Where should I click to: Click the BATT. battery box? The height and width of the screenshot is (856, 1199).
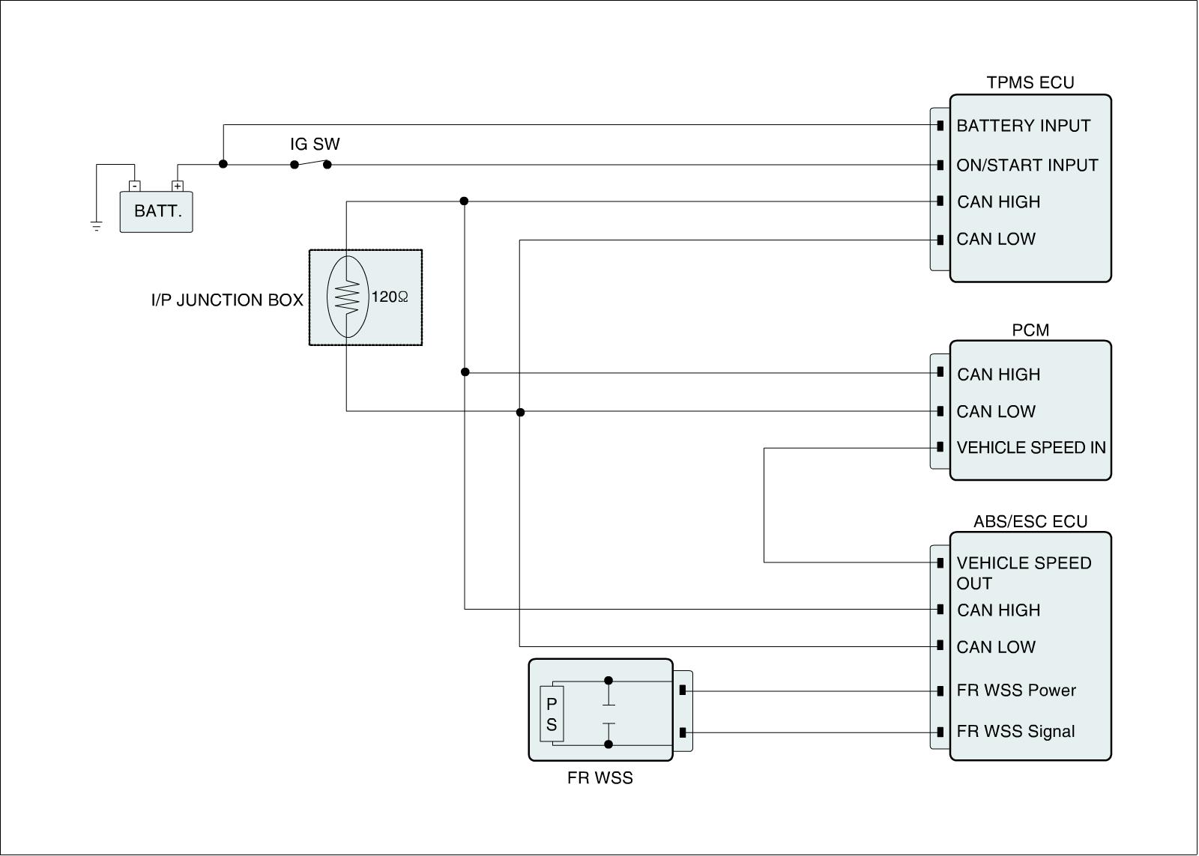click(x=157, y=212)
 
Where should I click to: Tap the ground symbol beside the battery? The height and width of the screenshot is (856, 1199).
click(x=97, y=226)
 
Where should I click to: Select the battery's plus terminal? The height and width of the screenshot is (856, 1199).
click(x=177, y=186)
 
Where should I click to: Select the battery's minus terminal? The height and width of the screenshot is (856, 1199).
click(x=135, y=186)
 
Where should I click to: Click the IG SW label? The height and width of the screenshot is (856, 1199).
click(x=315, y=144)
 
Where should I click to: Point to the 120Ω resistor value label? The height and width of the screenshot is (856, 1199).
click(x=390, y=297)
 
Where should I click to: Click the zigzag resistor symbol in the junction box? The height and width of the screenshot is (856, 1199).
click(x=347, y=297)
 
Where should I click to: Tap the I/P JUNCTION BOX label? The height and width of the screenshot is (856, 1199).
click(x=227, y=300)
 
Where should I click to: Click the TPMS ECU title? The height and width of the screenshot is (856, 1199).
click(x=1030, y=82)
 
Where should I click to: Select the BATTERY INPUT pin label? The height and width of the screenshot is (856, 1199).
click(x=1024, y=126)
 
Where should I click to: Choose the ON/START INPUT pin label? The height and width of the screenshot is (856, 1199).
click(x=1027, y=166)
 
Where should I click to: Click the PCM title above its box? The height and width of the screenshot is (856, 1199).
click(x=1030, y=330)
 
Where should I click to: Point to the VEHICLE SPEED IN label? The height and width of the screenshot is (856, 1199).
click(x=1031, y=447)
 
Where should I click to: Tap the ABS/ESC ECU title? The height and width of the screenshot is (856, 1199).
click(x=1030, y=522)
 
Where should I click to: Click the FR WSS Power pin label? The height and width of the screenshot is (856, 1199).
click(x=1016, y=690)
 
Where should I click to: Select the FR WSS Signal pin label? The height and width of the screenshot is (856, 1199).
click(x=1015, y=732)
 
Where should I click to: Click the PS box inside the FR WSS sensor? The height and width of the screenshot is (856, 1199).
click(x=552, y=714)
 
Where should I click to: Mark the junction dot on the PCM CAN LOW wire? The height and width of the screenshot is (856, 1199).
click(x=520, y=413)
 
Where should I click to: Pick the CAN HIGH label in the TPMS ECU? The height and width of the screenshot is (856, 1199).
click(x=999, y=202)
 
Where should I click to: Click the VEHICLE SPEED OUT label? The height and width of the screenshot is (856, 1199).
click(x=1024, y=573)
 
